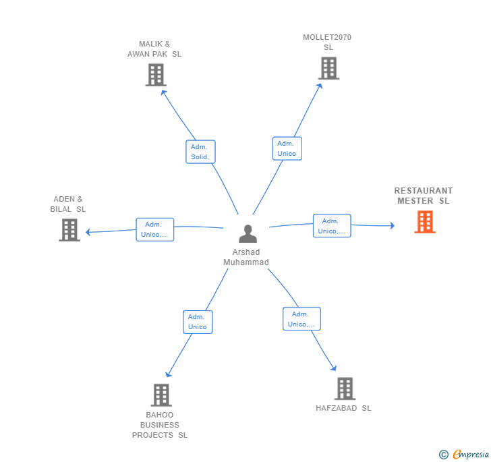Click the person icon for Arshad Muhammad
[248, 233]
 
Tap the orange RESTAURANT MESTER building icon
[425, 222]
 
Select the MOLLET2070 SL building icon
[329, 68]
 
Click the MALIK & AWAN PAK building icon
[156, 75]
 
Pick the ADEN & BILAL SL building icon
[69, 230]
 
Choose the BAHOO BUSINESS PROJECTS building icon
[161, 395]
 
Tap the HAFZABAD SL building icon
[345, 388]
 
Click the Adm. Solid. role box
[200, 152]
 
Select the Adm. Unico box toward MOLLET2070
[287, 148]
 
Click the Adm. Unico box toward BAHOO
[198, 322]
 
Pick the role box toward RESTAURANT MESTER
[332, 226]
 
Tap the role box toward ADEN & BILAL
[155, 229]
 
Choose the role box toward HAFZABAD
[302, 319]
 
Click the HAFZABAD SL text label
[343, 408]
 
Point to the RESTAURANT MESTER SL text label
[424, 196]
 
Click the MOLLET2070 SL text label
[327, 42]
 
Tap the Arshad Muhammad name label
[246, 257]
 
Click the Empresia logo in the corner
[464, 454]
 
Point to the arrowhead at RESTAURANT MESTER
[393, 225]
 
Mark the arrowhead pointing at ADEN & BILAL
[88, 232]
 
